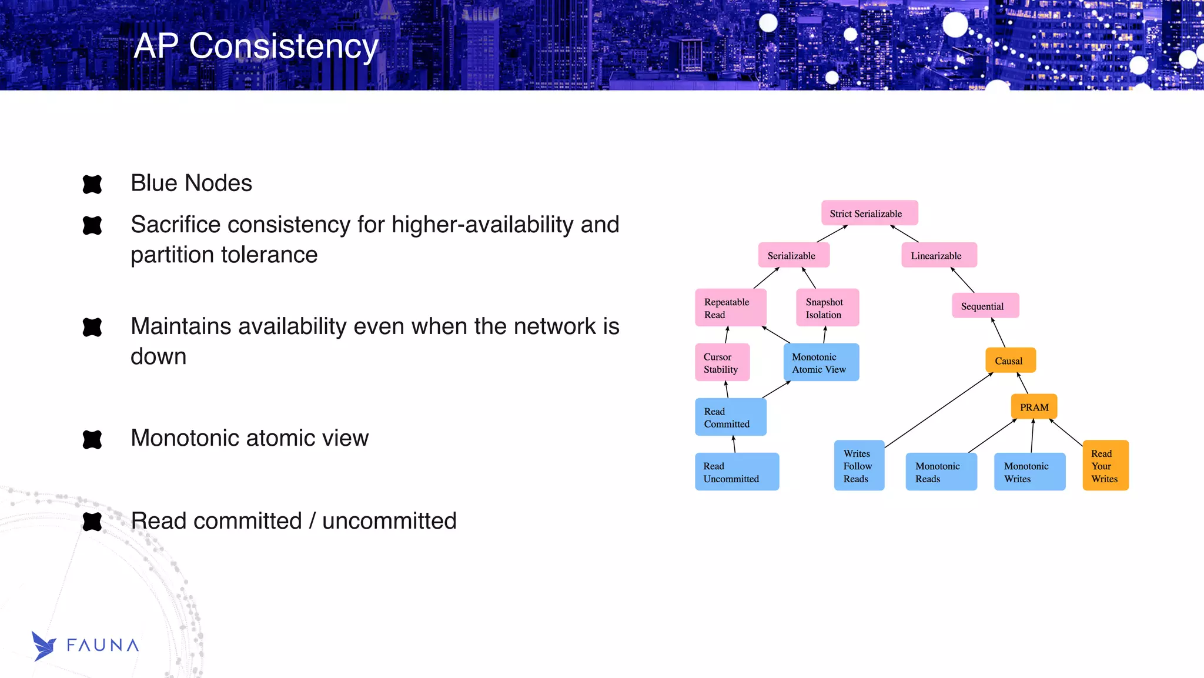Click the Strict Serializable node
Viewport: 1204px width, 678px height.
click(869, 213)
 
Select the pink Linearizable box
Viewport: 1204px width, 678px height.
click(939, 255)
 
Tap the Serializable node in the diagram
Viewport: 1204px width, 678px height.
click(794, 255)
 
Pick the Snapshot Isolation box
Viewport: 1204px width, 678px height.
click(827, 308)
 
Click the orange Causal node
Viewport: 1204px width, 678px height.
click(1010, 360)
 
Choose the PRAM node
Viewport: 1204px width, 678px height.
click(1034, 407)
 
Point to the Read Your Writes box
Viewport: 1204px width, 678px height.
click(1105, 466)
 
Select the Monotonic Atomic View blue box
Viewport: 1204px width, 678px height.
click(821, 362)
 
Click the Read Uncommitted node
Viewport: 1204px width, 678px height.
click(737, 472)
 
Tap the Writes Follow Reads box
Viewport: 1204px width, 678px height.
click(859, 465)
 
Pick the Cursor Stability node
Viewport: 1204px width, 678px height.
click(722, 362)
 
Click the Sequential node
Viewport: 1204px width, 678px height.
click(985, 306)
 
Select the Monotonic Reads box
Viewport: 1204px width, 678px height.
click(941, 472)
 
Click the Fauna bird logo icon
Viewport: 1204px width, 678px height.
click(44, 646)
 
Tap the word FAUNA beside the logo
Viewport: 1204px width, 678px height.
click(103, 646)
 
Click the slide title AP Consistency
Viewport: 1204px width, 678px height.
click(256, 46)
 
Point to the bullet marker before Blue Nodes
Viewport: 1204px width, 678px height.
click(92, 184)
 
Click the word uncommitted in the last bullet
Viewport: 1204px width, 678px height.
click(389, 521)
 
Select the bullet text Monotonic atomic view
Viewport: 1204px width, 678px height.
click(249, 438)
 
